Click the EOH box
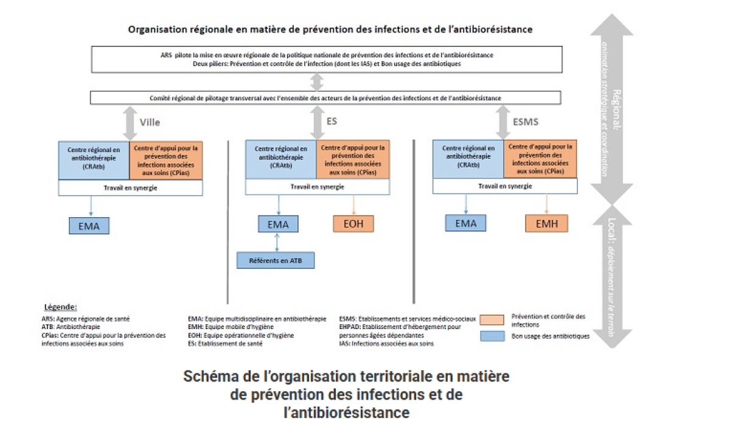353,223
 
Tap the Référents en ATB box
276,260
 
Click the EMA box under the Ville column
89,226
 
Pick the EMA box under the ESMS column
466,223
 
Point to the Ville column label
150,122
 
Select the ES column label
332,122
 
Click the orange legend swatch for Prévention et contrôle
492,319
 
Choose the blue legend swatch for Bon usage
492,335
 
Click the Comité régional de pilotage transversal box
325,97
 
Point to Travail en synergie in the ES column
317,187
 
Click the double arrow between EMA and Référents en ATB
277,242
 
